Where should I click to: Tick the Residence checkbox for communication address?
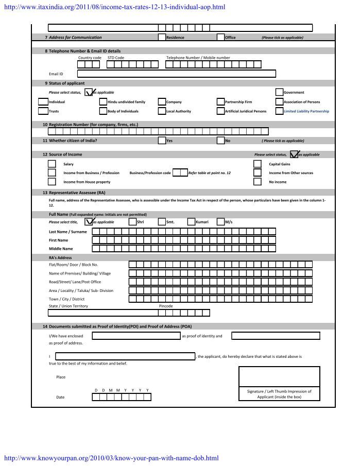[162, 37]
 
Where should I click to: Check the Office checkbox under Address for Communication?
[221, 37]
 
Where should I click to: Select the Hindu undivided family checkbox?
[104, 102]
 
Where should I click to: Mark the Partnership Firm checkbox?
[221, 102]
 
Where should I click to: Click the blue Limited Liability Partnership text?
[306, 111]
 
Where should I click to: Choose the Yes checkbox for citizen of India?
[162, 141]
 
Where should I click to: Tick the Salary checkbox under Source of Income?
[52, 164]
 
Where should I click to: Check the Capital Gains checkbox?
[258, 164]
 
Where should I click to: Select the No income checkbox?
[258, 182]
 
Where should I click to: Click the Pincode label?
[166, 306]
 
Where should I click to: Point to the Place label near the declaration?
[61, 377]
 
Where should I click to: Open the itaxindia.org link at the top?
[114, 7]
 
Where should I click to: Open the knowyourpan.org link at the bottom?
[111, 458]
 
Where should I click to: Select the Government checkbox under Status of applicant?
[280, 93]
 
